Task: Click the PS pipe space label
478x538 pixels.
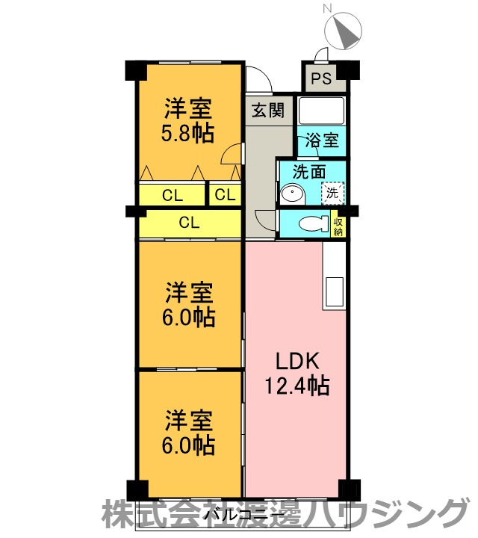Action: (321, 78)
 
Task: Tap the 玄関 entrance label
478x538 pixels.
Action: (268, 111)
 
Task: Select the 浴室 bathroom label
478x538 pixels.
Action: (322, 140)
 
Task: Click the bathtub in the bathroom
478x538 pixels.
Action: (321, 111)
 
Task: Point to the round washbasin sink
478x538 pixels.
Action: (293, 194)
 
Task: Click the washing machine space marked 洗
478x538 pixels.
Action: (332, 193)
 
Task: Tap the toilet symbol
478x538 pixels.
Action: (314, 224)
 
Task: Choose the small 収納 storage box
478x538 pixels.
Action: (338, 227)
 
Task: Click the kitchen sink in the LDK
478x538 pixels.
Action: (335, 291)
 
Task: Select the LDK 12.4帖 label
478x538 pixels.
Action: (297, 374)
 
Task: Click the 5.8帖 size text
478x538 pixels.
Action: (187, 134)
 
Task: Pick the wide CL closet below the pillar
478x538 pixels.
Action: (190, 223)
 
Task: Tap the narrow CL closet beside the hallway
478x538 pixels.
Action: (225, 195)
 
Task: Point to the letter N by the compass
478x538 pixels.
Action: (328, 9)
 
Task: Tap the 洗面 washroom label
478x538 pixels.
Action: (309, 172)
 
